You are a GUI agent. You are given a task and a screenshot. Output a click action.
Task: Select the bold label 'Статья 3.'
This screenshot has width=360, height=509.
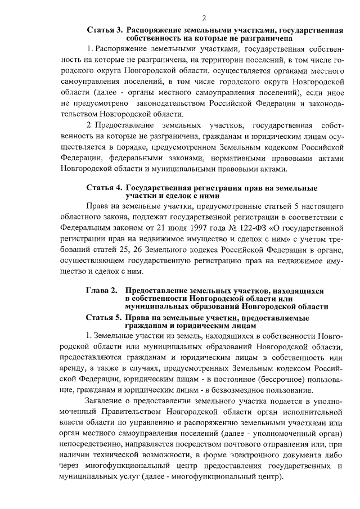105,30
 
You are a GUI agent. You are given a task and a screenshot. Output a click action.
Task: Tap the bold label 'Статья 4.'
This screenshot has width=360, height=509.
105,187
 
